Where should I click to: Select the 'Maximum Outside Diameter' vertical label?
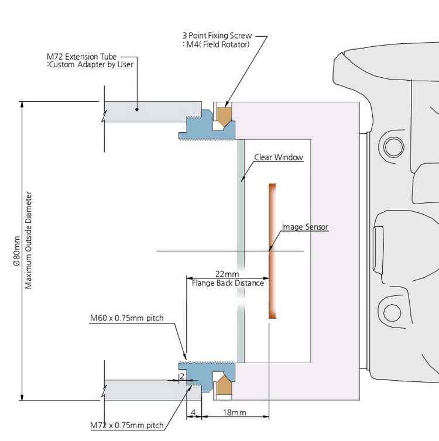click(x=29, y=240)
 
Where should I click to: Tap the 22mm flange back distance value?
click(x=227, y=274)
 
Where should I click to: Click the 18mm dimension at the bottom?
click(x=234, y=412)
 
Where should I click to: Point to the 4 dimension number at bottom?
click(x=194, y=412)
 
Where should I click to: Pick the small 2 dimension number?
click(x=182, y=376)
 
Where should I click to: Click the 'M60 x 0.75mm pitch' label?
click(x=126, y=319)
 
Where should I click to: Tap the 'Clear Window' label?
click(x=279, y=157)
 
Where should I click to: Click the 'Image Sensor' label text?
click(x=305, y=227)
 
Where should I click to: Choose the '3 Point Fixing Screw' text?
click(x=217, y=36)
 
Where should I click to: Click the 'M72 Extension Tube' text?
click(x=81, y=56)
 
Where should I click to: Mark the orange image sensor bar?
click(x=272, y=251)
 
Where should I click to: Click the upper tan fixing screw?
click(x=224, y=114)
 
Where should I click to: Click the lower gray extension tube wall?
click(x=146, y=390)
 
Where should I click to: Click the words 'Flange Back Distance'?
click(x=228, y=283)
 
